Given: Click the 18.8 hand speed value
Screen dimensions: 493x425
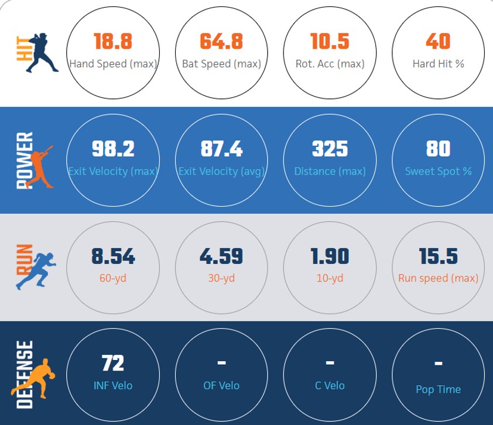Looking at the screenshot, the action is (x=113, y=41).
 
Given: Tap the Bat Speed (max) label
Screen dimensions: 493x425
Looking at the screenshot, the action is (x=221, y=64).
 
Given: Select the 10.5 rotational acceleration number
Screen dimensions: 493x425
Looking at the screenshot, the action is (x=330, y=41).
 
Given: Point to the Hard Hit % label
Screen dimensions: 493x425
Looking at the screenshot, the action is (x=439, y=64).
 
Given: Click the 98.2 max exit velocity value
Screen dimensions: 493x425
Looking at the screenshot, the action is (x=113, y=149).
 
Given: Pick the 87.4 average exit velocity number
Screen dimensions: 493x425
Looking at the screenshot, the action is (x=221, y=149).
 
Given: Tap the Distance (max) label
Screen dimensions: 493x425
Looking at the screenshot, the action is (x=330, y=172).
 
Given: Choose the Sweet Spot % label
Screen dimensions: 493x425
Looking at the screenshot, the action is (x=439, y=172).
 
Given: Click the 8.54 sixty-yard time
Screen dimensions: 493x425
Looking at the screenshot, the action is (x=113, y=256).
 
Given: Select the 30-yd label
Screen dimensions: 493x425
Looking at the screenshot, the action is (x=221, y=278).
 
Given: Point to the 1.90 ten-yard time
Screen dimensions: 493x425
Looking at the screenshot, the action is (x=330, y=256).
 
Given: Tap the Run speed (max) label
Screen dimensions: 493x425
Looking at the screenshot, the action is (x=439, y=278).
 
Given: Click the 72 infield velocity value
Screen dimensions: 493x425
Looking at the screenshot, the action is (x=113, y=363).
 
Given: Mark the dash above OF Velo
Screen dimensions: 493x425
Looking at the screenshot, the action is (x=221, y=363).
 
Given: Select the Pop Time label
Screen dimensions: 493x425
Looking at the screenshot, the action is (x=439, y=389).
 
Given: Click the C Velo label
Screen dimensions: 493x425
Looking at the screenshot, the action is (x=330, y=386).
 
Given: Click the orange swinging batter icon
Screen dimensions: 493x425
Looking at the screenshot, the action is (x=41, y=167).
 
